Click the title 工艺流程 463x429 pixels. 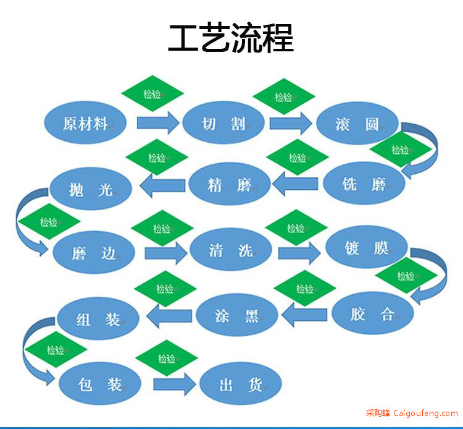pyautogui.click(x=231, y=38)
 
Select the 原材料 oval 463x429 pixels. pyautogui.click(x=85, y=122)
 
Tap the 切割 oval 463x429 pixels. pyautogui.click(x=223, y=122)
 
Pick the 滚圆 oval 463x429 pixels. pyautogui.click(x=357, y=123)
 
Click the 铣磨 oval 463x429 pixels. pyautogui.click(x=364, y=184)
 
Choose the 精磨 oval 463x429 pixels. pyautogui.click(x=230, y=184)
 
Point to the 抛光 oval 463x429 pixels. pyautogui.click(x=91, y=189)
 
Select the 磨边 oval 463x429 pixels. pyautogui.click(x=94, y=252)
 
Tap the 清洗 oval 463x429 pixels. pyautogui.click(x=231, y=249)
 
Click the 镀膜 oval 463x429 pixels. pyautogui.click(x=367, y=247)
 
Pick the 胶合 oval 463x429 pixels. pyautogui.click(x=373, y=313)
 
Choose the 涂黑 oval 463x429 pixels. pyautogui.click(x=237, y=315)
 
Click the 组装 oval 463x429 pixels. pyautogui.click(x=98, y=318)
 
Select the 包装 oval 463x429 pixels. pyautogui.click(x=100, y=383)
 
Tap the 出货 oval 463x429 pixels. pyautogui.click(x=241, y=383)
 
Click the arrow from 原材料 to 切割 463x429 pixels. pyautogui.click(x=158, y=122)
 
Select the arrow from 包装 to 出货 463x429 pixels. pyautogui.click(x=175, y=384)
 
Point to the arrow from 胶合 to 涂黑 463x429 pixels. pyautogui.click(x=304, y=315)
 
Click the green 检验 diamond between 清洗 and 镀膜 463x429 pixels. pyautogui.click(x=296, y=227)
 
